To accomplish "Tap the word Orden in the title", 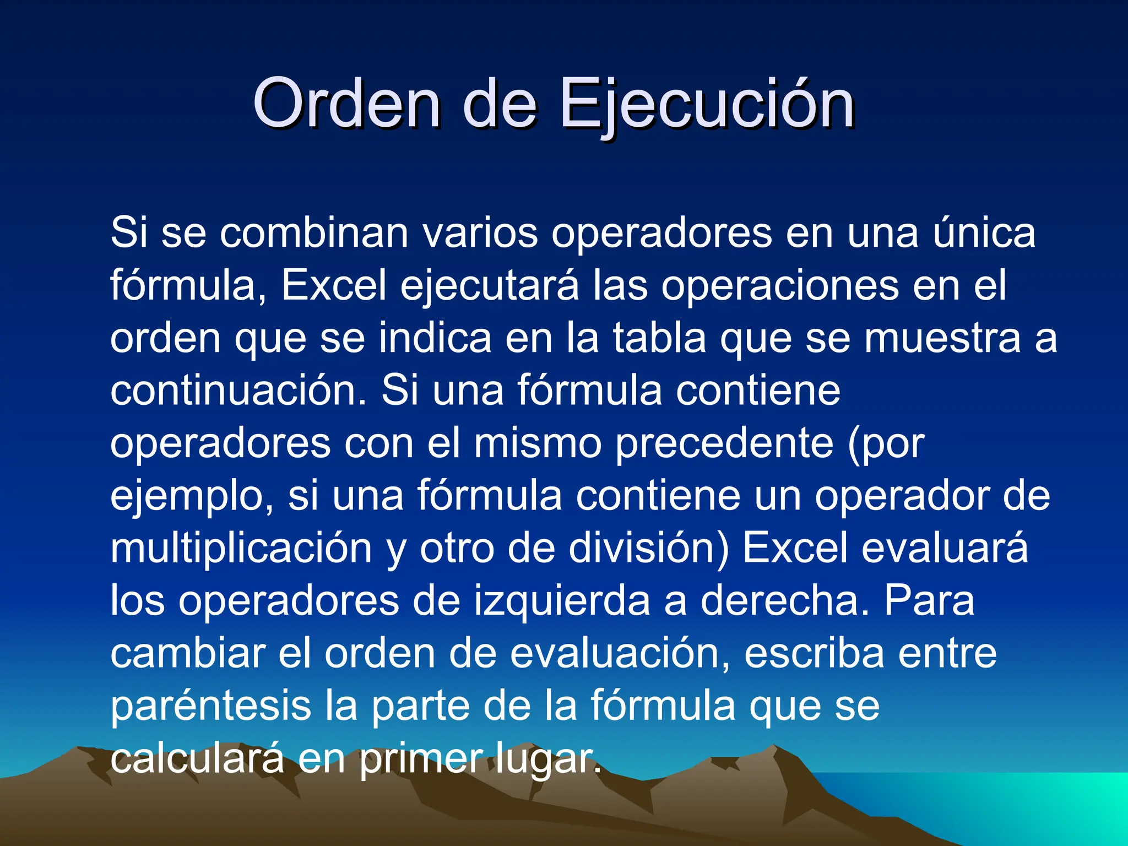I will [x=346, y=105].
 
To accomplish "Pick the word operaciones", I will [x=780, y=286].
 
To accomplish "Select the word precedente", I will [x=724, y=443].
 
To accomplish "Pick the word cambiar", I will [x=187, y=654].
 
